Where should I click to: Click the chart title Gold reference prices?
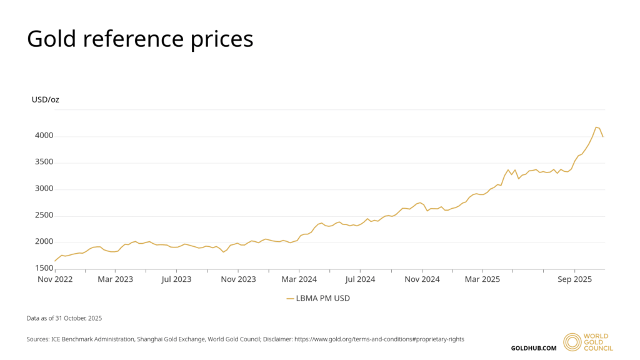pyautogui.click(x=140, y=39)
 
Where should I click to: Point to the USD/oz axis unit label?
pyautogui.click(x=45, y=99)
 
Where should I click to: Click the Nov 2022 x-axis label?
pyautogui.click(x=55, y=279)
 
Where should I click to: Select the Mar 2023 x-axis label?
pyautogui.click(x=115, y=279)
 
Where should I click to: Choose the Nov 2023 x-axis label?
pyautogui.click(x=238, y=279)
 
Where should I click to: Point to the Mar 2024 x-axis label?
pyautogui.click(x=299, y=279)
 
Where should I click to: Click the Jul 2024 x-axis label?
pyautogui.click(x=359, y=279)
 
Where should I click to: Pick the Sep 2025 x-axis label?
pyautogui.click(x=574, y=279)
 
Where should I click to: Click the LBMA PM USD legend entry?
pyautogui.click(x=319, y=299)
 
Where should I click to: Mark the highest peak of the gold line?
pyautogui.click(x=596, y=127)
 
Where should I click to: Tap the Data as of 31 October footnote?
pyautogui.click(x=64, y=318)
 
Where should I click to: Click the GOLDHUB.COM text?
pyautogui.click(x=533, y=347)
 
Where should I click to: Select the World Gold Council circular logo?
pyautogui.click(x=571, y=342)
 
